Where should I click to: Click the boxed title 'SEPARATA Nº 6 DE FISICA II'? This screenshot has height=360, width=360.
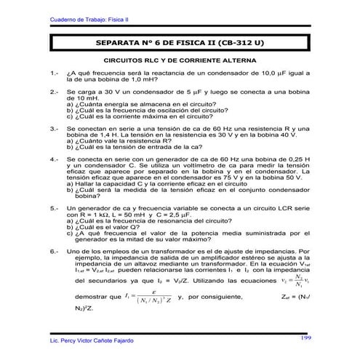180,44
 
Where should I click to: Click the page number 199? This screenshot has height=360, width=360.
306,337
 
